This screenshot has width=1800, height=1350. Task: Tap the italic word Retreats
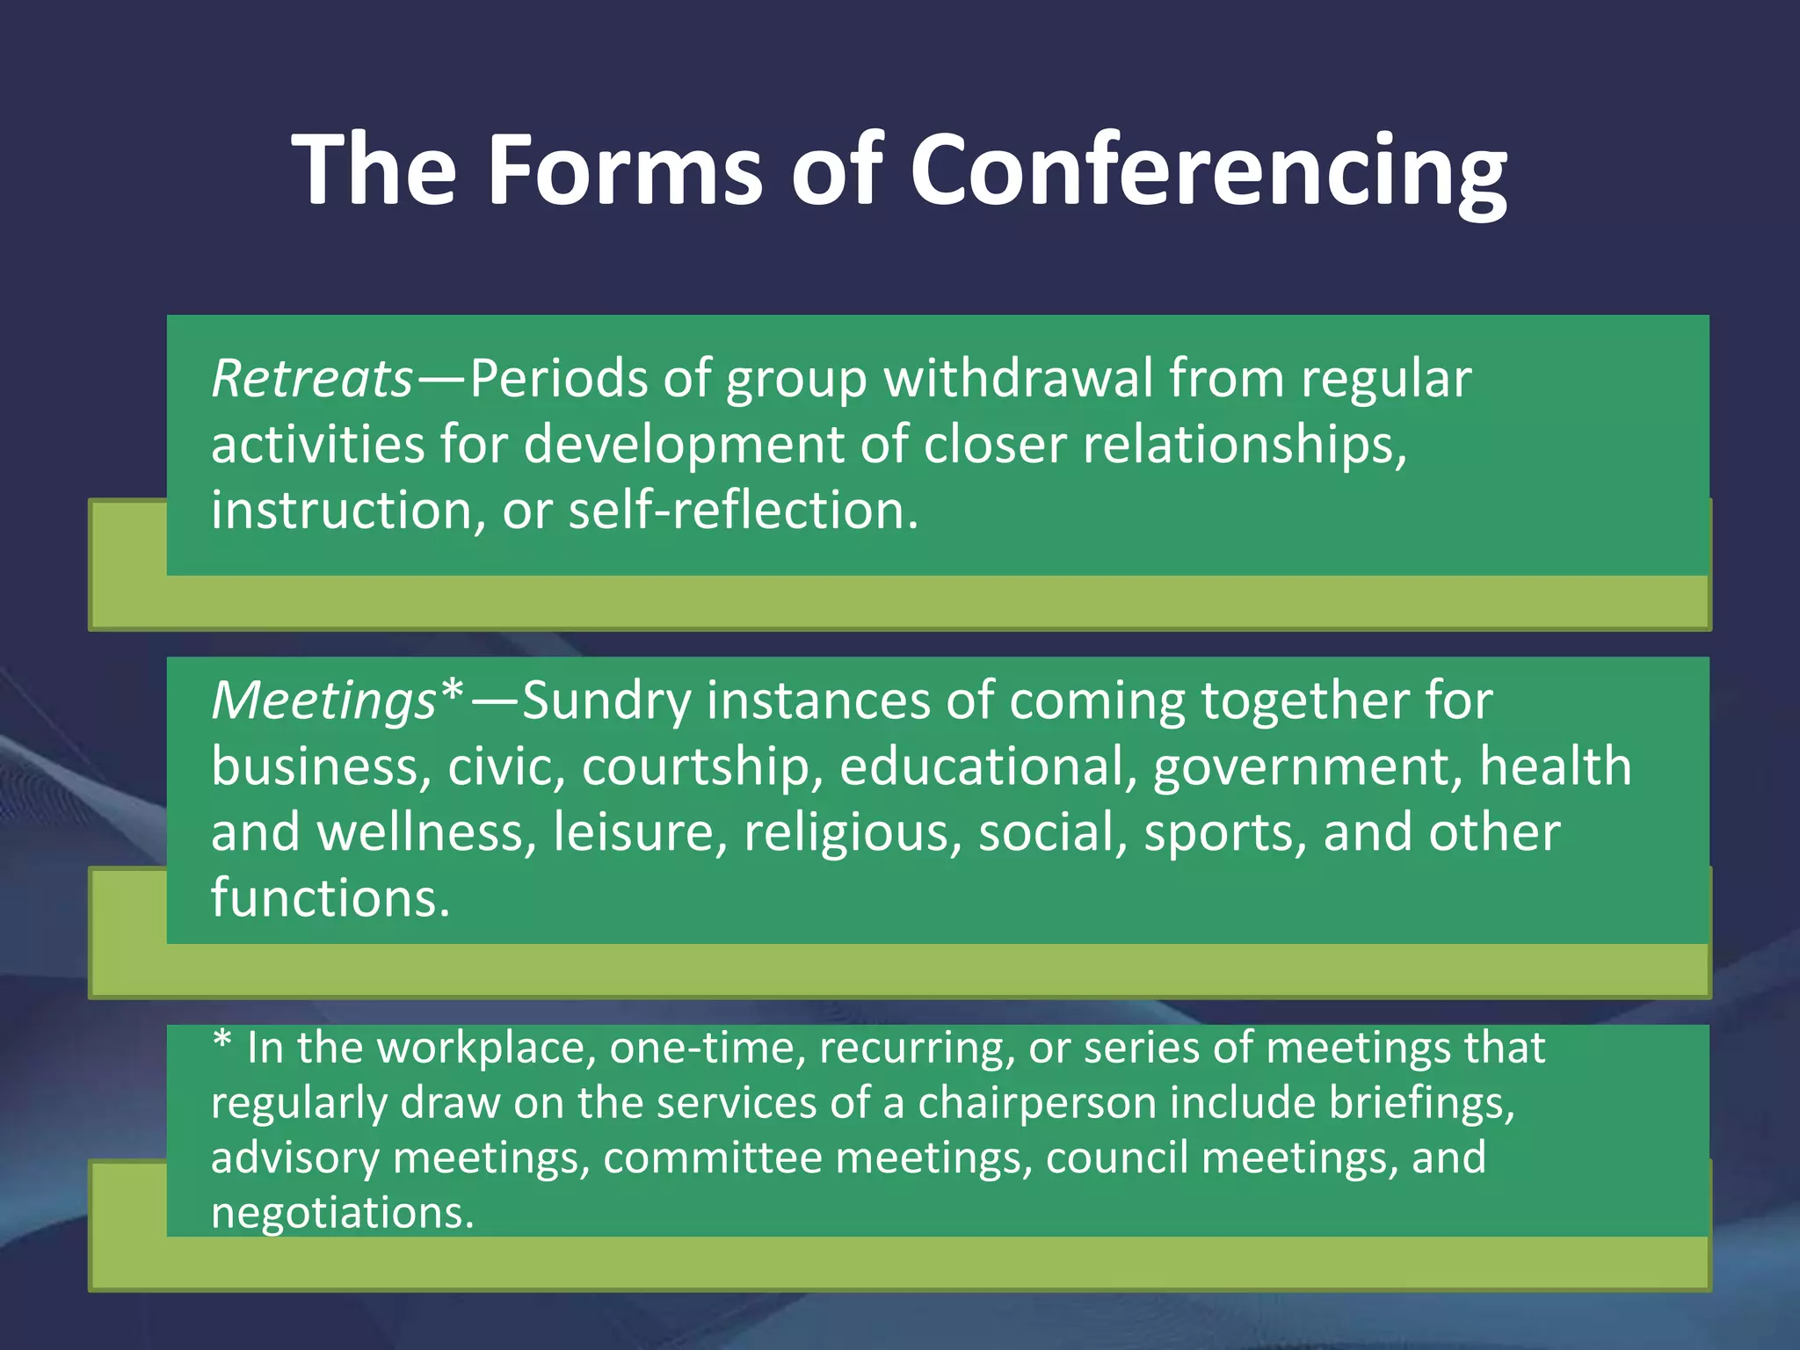point(312,380)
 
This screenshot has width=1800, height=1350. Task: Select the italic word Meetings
point(323,702)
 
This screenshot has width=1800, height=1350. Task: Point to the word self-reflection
point(743,511)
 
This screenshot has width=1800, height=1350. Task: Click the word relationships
point(1243,445)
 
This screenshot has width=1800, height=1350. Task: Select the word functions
point(330,898)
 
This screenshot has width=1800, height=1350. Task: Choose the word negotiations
point(342,1213)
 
